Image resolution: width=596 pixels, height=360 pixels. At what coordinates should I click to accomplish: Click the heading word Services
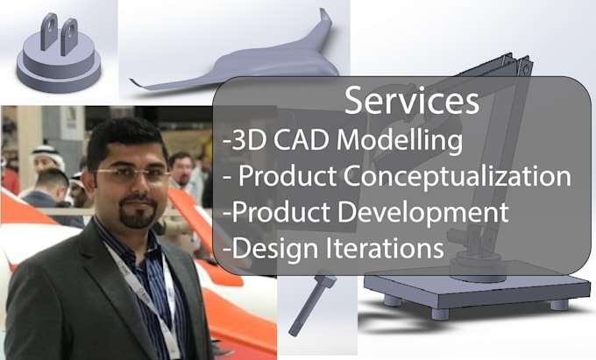tap(411, 101)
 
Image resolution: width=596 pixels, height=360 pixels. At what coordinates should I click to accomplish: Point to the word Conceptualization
tap(457, 176)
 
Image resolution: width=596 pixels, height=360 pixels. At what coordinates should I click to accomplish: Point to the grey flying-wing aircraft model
tap(237, 66)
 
